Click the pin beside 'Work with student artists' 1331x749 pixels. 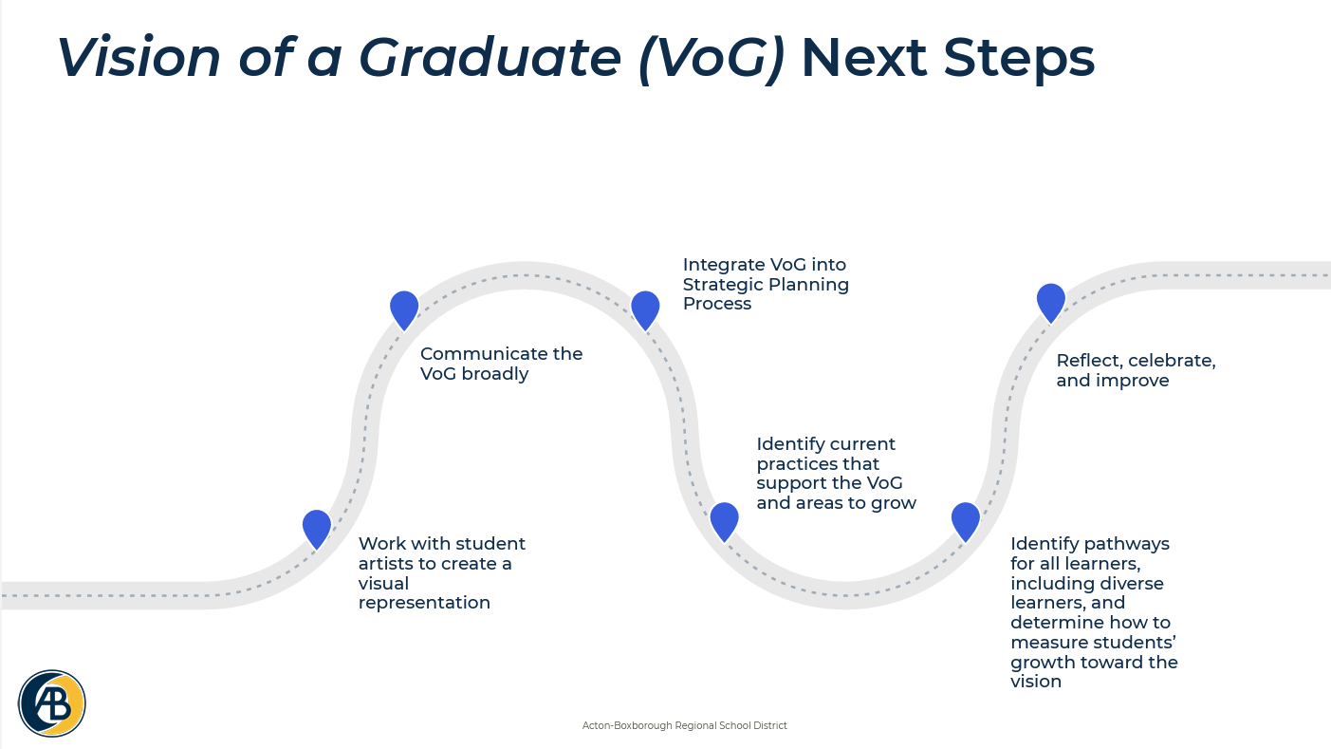(x=317, y=527)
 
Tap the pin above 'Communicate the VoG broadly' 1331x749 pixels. (x=404, y=309)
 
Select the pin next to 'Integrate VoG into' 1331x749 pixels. (x=645, y=309)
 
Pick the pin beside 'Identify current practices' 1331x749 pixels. (x=724, y=520)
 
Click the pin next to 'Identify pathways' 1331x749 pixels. (x=966, y=520)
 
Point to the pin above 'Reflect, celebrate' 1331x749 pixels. (x=1051, y=301)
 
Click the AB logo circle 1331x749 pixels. (x=52, y=703)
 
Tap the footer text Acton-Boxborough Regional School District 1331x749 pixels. (x=684, y=725)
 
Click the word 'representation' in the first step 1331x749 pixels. (x=424, y=603)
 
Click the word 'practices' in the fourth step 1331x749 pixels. (x=799, y=464)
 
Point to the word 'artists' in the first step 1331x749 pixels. (x=389, y=564)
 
